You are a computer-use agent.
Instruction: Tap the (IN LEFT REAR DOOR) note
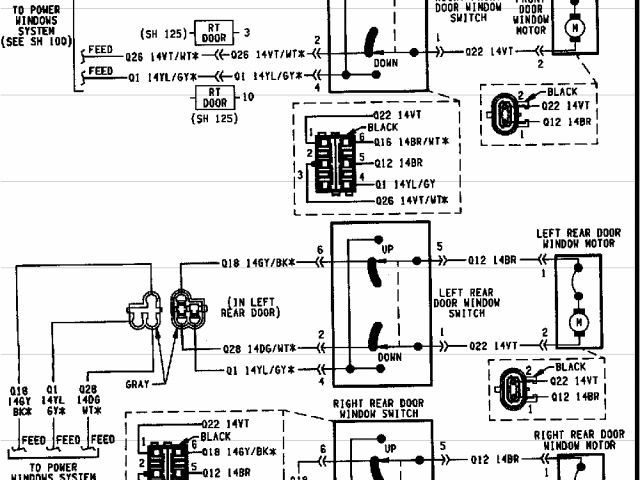point(248,306)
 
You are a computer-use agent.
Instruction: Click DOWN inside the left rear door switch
point(389,356)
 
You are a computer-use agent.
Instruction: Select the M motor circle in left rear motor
point(576,322)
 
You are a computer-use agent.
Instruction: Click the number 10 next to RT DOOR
point(249,98)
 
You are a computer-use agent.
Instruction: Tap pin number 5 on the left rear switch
point(438,247)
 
